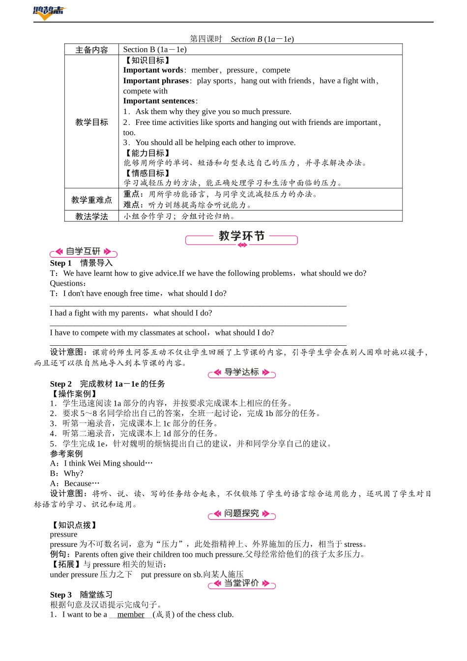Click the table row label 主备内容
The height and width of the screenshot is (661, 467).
(91, 50)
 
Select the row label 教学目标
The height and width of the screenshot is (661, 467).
(91, 122)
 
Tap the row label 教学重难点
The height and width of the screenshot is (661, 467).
(91, 200)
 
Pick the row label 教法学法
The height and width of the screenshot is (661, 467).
(91, 216)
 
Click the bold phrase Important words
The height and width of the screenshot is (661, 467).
(153, 70)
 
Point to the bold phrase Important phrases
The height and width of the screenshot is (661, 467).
(156, 81)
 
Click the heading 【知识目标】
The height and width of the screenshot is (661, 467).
(147, 60)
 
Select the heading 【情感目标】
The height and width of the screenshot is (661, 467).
(147, 173)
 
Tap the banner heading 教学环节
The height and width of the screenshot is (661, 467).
(241, 237)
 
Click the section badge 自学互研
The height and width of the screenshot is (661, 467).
(84, 252)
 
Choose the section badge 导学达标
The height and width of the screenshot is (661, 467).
(241, 372)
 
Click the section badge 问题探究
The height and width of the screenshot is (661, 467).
(241, 513)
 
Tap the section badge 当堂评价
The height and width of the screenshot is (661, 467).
(241, 583)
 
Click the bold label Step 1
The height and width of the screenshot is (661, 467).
(60, 263)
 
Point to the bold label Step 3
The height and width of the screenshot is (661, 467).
(60, 595)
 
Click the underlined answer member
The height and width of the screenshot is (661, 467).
(131, 615)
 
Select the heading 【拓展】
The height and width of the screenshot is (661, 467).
(66, 564)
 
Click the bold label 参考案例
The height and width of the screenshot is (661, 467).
(66, 453)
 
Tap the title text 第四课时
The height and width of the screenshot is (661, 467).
(206, 39)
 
